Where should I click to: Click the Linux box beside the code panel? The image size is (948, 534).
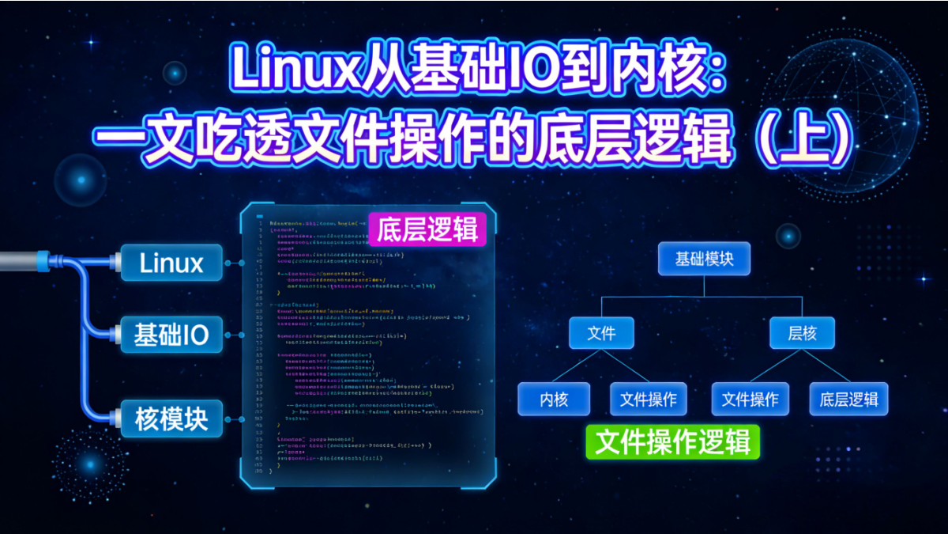(x=171, y=263)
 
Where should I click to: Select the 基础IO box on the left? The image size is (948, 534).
(x=171, y=335)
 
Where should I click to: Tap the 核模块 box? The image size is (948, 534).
(x=171, y=419)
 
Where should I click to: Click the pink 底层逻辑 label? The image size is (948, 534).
(x=427, y=230)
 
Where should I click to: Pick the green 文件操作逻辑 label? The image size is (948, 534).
(x=672, y=442)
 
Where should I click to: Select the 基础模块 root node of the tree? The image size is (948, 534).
(x=704, y=259)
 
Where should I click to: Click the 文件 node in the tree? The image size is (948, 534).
(x=601, y=333)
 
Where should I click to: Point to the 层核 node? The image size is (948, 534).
(x=802, y=333)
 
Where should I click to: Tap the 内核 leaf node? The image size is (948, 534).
(x=554, y=400)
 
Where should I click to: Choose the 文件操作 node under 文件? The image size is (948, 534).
(x=649, y=400)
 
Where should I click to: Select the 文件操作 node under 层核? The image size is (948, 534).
(x=750, y=400)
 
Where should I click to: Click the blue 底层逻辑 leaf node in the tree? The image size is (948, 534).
(x=848, y=400)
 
